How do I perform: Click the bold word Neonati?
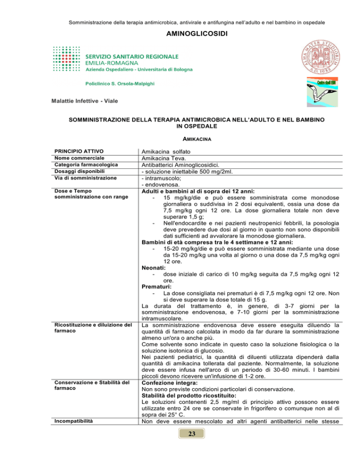tap(154, 268)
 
